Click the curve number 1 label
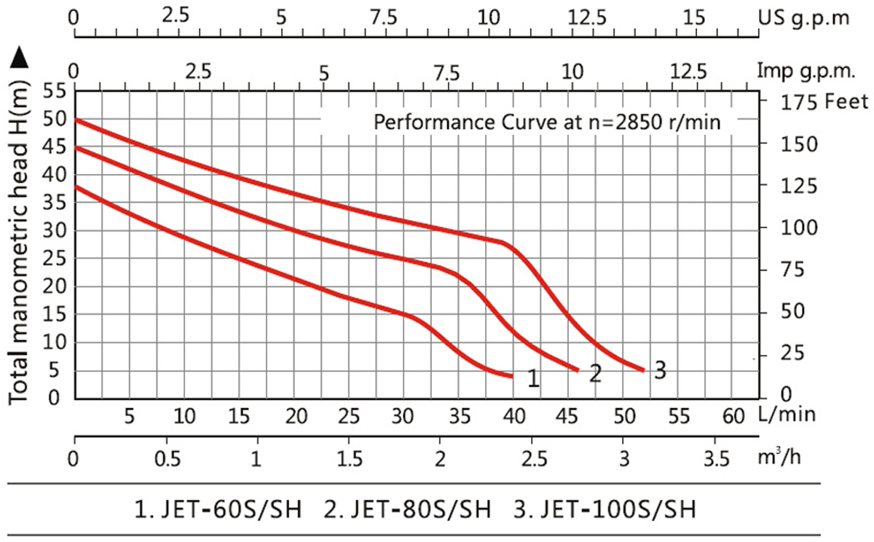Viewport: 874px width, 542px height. (x=533, y=379)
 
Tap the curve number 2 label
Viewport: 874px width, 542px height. (x=595, y=374)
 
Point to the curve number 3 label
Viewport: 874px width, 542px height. (x=660, y=370)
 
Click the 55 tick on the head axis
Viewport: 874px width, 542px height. (x=55, y=92)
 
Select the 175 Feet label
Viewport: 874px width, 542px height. (x=814, y=102)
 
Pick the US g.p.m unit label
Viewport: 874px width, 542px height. (x=803, y=17)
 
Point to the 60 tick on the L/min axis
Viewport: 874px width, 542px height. (x=733, y=416)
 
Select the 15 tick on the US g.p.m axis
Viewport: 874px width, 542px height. (x=696, y=16)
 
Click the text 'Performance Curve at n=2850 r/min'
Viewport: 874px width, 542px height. (x=547, y=121)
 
